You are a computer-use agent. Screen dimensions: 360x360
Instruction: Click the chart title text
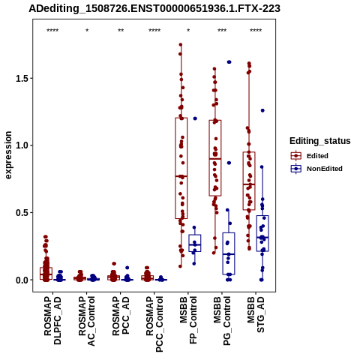[x=154, y=9]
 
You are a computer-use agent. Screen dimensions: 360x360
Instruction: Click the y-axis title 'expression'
[x=8, y=155]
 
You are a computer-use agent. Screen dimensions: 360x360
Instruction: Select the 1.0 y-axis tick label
[x=21, y=145]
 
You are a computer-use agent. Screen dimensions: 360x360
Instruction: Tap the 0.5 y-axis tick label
[x=21, y=212]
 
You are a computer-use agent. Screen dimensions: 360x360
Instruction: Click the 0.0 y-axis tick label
[x=21, y=280]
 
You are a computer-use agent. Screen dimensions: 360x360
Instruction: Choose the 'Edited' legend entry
[x=317, y=156]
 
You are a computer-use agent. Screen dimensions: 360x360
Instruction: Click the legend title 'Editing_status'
[x=320, y=141]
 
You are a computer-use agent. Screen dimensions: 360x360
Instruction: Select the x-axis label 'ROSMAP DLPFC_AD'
[x=52, y=320]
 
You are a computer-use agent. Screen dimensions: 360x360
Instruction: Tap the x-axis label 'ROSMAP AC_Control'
[x=87, y=321]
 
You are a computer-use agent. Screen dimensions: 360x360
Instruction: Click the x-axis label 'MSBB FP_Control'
[x=188, y=320]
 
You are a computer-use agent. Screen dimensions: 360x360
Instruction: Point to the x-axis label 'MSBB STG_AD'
[x=256, y=314]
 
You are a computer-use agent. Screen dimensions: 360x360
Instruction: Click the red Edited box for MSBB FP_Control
[x=181, y=168]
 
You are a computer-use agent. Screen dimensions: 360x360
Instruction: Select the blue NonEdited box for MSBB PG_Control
[x=229, y=253]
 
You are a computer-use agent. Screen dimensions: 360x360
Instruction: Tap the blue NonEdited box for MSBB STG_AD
[x=262, y=233]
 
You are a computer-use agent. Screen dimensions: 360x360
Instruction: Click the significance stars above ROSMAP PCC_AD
[x=121, y=31]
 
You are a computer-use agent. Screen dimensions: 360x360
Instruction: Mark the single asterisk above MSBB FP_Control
[x=188, y=31]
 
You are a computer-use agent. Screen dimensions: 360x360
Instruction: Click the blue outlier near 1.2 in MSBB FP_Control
[x=195, y=118]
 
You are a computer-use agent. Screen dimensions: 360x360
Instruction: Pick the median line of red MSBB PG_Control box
[x=215, y=159]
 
